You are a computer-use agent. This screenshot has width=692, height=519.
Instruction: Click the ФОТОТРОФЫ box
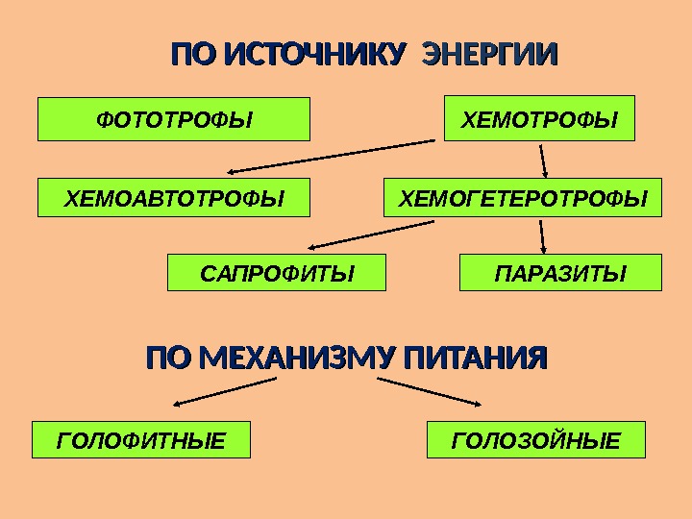coord(173,119)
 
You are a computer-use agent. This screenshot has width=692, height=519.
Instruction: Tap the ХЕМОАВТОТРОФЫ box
coord(173,198)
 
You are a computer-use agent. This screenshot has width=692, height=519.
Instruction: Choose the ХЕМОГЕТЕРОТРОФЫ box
coord(523,198)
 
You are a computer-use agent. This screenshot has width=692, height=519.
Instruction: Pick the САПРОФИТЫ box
coord(277,273)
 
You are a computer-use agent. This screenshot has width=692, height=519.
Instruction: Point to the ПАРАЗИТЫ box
coord(561,273)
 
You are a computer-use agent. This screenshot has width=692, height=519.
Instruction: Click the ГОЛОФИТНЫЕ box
coord(141,440)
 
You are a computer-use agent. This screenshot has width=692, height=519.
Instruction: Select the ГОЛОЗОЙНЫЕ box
coord(535,440)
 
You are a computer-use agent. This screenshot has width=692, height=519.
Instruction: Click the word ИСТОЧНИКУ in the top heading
coord(309,54)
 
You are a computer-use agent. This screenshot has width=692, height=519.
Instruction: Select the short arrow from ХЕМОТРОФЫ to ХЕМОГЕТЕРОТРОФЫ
coord(543,161)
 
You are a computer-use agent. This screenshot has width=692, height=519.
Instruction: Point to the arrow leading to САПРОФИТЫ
coord(370,234)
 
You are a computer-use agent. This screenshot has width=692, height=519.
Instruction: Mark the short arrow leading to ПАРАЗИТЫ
coord(543,236)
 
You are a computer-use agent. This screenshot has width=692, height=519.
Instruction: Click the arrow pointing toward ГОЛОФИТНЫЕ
coord(228,390)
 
